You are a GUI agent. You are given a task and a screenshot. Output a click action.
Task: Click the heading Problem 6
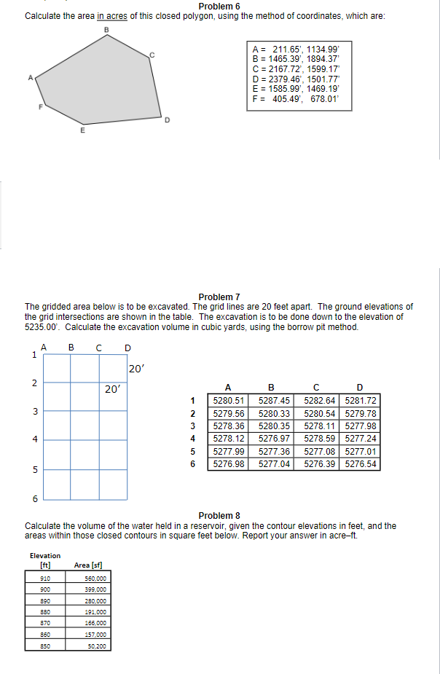click(x=219, y=7)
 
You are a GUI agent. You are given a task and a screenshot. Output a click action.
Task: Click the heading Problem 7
click(x=219, y=297)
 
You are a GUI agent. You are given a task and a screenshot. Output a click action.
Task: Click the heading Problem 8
click(x=219, y=516)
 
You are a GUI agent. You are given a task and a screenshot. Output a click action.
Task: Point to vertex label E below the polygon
click(x=82, y=132)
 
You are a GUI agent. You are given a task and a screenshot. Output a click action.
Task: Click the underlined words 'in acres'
click(x=112, y=16)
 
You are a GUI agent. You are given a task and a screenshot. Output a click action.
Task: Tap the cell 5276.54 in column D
click(x=361, y=463)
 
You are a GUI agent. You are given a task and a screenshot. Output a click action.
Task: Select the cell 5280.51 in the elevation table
click(x=228, y=401)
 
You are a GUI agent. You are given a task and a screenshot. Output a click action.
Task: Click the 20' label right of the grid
click(x=136, y=369)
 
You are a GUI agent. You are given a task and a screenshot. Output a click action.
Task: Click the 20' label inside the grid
click(x=112, y=389)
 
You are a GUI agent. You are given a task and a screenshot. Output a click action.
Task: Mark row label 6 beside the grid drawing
click(x=34, y=498)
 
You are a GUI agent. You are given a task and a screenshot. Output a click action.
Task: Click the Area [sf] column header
click(x=87, y=565)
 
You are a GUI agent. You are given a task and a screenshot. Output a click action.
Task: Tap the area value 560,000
click(x=96, y=578)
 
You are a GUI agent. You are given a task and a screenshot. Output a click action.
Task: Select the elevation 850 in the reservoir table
click(x=45, y=646)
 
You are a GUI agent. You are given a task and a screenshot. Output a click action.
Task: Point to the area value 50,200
click(x=96, y=646)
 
